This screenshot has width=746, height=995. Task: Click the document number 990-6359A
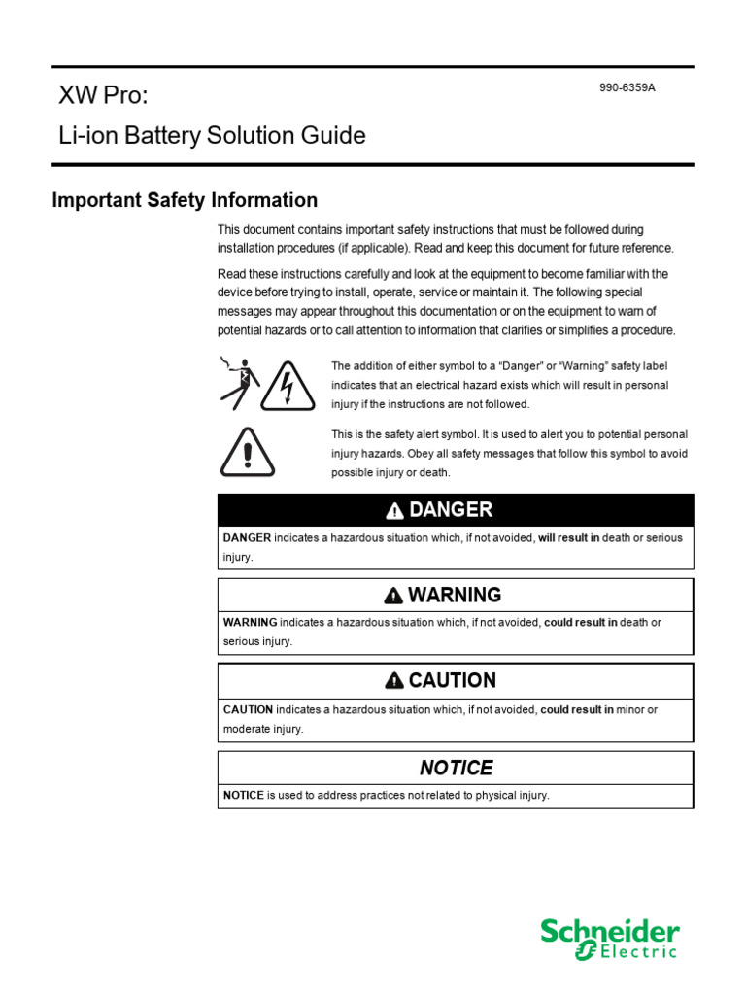[627, 87]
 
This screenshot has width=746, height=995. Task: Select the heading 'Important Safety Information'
[185, 200]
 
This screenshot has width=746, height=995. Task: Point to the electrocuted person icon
[240, 384]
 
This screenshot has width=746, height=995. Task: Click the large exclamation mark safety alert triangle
[249, 453]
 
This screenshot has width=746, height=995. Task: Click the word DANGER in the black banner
[450, 510]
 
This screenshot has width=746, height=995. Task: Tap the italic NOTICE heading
[456, 768]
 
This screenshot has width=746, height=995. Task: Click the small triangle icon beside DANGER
[394, 511]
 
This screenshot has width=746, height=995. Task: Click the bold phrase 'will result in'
[568, 537]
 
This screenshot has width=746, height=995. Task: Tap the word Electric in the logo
[637, 953]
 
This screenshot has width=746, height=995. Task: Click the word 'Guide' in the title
[333, 136]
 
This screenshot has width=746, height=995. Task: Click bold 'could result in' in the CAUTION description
[577, 710]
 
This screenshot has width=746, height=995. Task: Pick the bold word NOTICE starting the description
[243, 795]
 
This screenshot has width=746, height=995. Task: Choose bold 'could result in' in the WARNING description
[580, 622]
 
